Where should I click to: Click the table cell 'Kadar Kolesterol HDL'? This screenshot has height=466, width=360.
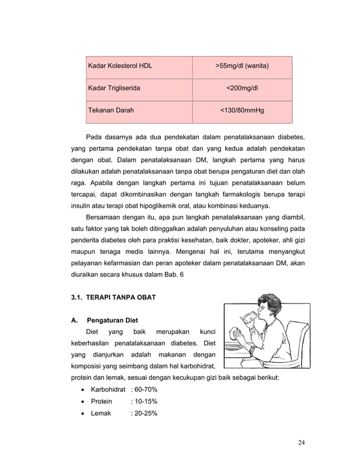click(119, 67)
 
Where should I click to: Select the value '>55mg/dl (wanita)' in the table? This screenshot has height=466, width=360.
click(242, 67)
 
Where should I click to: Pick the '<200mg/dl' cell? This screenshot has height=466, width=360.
click(242, 89)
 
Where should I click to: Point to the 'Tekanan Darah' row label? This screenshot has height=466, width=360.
click(110, 111)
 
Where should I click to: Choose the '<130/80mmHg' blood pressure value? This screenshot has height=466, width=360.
click(242, 111)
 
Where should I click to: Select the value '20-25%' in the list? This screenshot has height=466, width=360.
click(146, 414)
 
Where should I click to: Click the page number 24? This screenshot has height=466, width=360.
click(301, 441)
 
